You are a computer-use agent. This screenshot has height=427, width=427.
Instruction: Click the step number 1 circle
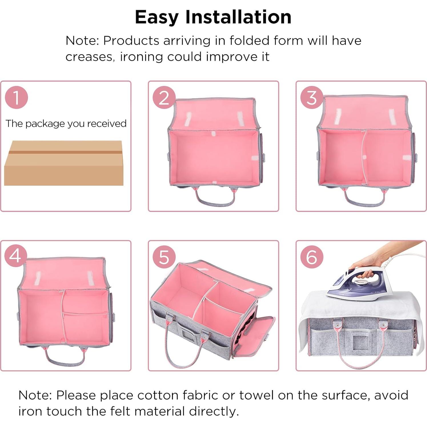point(16,97)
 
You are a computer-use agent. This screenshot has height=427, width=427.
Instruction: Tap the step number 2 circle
point(164,97)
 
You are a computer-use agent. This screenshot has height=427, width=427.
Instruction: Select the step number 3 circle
point(312,97)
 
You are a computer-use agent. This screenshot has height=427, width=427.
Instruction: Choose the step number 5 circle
point(164,257)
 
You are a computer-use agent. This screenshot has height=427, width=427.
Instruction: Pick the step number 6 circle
point(312,257)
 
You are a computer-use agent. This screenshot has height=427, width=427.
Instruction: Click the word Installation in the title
point(238,17)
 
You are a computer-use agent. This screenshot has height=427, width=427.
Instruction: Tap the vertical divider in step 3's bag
point(363,157)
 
